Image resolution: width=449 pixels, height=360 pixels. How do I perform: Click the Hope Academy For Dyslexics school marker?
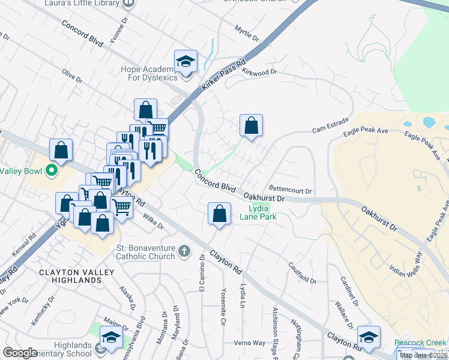[x=186, y=62]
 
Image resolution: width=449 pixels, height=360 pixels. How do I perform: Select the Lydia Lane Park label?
[x=259, y=212]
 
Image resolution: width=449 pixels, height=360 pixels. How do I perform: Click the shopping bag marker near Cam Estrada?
[x=252, y=126]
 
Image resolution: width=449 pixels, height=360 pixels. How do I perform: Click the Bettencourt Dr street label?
[x=291, y=190]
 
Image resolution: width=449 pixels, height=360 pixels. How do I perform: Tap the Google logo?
[x=20, y=353]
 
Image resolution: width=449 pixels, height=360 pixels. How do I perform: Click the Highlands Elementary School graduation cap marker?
[x=111, y=338]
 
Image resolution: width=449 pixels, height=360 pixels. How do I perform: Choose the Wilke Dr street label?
[x=152, y=223]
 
